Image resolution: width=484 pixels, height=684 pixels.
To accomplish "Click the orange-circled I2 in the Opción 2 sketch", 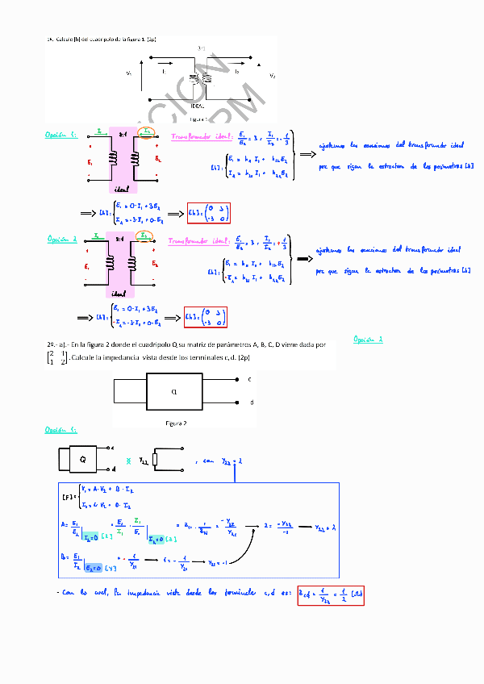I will tap(143, 236).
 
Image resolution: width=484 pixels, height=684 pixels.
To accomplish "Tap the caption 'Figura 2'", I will tap(176, 423).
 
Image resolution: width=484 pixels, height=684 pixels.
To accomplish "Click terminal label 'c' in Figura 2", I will tap(249, 378).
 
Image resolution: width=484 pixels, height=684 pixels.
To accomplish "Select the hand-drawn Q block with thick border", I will tap(82, 458).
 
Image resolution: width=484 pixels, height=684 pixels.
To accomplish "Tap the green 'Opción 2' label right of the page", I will tap(369, 339).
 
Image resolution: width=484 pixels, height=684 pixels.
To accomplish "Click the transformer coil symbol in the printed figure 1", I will tap(199, 79).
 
